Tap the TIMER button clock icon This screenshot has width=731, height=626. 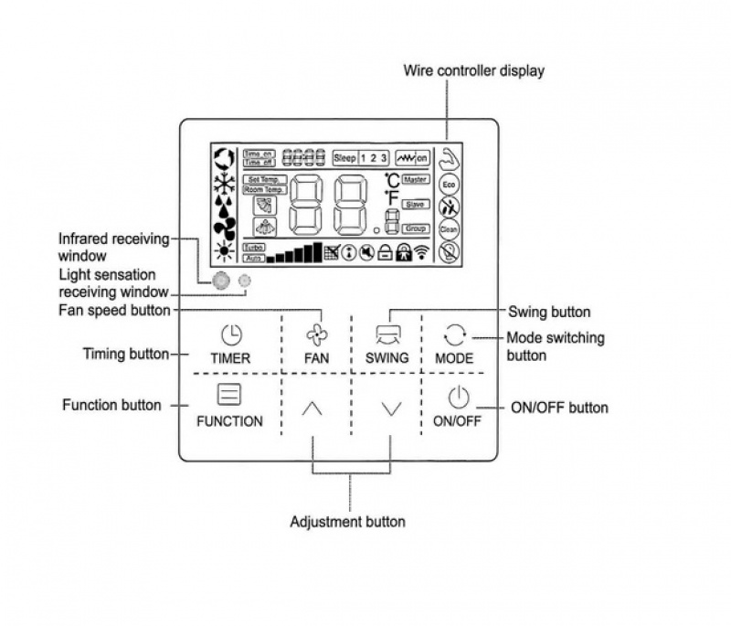tap(229, 334)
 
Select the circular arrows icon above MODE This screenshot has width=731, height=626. tap(454, 334)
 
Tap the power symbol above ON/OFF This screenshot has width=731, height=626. tap(458, 398)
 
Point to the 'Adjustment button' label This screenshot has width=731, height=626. tap(347, 522)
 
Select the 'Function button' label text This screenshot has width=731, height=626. tap(111, 405)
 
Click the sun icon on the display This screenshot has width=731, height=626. tap(222, 250)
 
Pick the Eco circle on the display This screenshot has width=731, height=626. tap(449, 184)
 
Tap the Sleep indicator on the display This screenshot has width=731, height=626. tap(344, 157)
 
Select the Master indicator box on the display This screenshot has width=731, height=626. tap(416, 180)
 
